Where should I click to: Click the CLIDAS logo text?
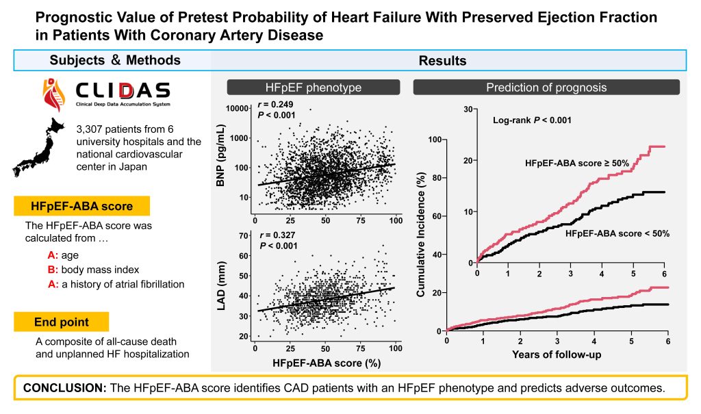123,90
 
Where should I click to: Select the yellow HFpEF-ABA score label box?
82,206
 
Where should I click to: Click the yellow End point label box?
61,322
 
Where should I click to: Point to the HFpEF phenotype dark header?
314,87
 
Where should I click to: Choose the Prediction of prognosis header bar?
546,87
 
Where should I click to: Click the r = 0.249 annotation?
275,105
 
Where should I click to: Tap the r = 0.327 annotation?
278,235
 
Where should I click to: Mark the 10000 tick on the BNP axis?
237,109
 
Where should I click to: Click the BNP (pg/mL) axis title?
220,155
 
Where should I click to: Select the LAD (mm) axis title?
221,285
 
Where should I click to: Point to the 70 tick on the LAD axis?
244,235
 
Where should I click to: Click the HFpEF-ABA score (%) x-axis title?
327,363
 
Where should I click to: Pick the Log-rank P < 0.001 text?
532,120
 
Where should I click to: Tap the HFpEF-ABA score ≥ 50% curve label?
577,164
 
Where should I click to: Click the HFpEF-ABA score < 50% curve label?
617,233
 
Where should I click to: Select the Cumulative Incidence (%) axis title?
421,234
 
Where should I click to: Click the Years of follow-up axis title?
557,354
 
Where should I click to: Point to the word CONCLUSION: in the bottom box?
65,387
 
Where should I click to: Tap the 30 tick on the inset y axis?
468,109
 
